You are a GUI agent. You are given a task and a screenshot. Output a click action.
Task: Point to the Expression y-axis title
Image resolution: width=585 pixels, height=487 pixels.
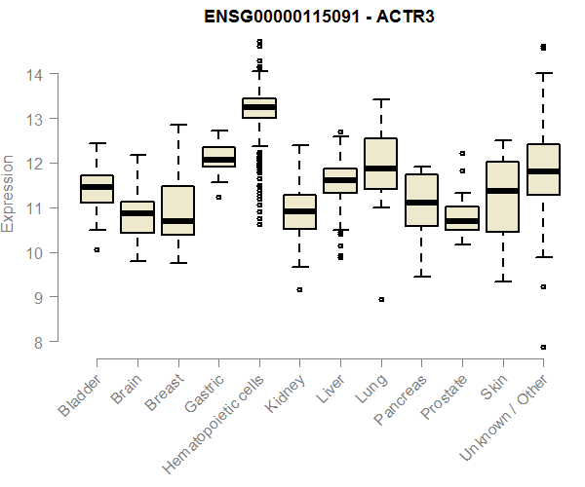click(9, 193)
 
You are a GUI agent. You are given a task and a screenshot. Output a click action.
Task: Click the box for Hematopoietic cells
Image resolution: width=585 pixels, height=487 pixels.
click(259, 107)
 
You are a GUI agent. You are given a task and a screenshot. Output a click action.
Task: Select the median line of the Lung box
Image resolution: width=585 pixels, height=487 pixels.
click(380, 169)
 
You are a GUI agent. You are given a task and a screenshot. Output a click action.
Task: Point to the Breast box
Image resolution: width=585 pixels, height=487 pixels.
click(178, 209)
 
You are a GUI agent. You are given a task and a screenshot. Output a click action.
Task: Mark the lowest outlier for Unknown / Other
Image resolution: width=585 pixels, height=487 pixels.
click(543, 347)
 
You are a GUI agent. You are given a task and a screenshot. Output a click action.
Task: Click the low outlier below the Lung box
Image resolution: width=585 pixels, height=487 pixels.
click(380, 300)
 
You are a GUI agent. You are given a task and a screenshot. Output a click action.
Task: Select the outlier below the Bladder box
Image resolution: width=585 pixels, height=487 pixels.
click(97, 249)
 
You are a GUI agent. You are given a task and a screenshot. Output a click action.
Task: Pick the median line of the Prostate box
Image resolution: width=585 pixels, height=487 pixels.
click(461, 221)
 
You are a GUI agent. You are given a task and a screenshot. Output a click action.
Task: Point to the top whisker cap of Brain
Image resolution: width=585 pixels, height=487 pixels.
click(137, 155)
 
